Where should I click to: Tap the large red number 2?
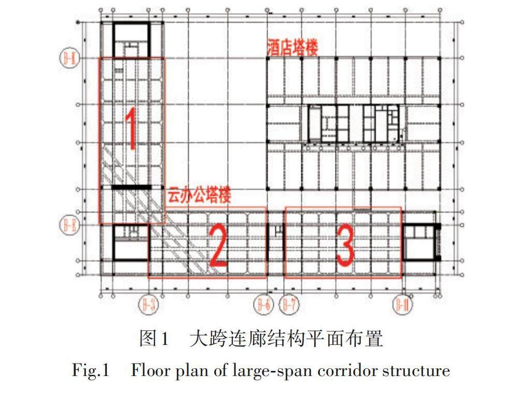coord(218,247)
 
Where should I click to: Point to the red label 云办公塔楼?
coord(199,196)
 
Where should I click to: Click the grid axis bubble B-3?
coord(149,304)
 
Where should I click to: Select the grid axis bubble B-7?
coord(289,304)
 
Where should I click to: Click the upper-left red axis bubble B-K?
coord(69,57)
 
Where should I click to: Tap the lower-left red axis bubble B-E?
coord(69,225)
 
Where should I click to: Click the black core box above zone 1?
coord(131,39)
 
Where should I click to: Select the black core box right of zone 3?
coord(420,242)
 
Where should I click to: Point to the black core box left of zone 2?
coord(131,242)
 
